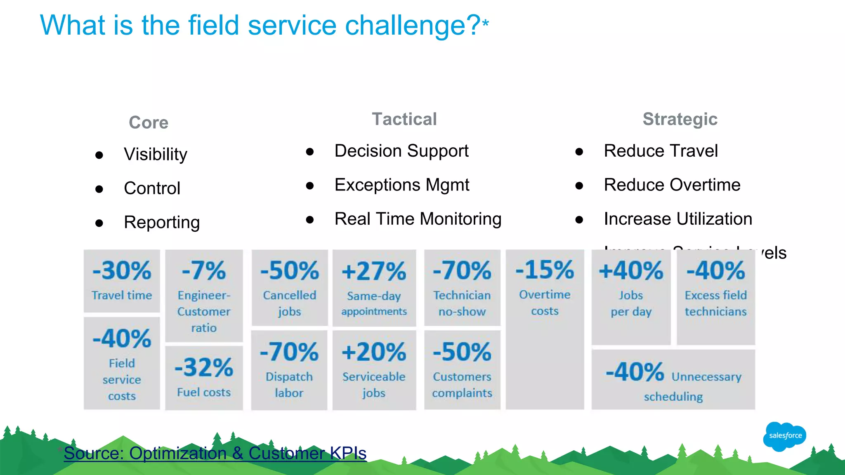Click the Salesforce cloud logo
(784, 436)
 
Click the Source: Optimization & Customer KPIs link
(215, 453)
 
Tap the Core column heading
(149, 122)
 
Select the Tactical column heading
(404, 119)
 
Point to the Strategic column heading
(680, 119)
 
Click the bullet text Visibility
(156, 154)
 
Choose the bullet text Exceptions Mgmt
(402, 185)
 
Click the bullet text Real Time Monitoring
(418, 219)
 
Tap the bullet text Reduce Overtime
(672, 185)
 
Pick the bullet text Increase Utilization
(678, 219)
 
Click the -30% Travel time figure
(122, 271)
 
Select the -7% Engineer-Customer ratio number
(204, 271)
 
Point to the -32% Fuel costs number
(204, 367)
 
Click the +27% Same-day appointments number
(374, 272)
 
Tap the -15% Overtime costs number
(545, 270)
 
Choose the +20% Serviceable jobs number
(374, 353)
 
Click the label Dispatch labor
(289, 385)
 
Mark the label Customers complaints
(462, 385)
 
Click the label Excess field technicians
(716, 303)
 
